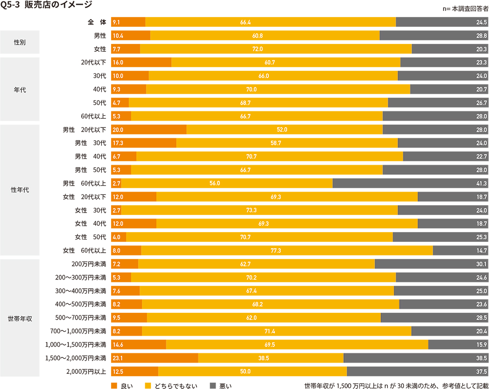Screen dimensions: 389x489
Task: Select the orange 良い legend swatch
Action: [114, 386]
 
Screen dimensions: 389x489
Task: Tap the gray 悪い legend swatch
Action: [213, 386]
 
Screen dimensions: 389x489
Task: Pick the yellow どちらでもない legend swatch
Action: [148, 386]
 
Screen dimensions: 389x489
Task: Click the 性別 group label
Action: [20, 42]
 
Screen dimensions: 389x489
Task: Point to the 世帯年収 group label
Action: [20, 318]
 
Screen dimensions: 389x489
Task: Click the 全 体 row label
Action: [97, 22]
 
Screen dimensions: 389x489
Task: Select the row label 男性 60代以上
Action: [84, 183]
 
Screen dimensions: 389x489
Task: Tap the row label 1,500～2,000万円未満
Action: [75, 358]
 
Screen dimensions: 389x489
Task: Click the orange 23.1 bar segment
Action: [155, 358]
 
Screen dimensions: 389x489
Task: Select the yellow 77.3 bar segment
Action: [287, 250]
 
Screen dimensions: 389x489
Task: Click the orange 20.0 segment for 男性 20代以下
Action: [149, 130]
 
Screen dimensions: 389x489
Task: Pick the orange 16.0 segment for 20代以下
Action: [141, 63]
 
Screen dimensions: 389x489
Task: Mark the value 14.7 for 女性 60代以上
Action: [482, 250]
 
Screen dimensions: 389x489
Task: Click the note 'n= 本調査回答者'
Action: [465, 9]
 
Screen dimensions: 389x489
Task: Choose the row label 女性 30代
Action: [90, 210]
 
